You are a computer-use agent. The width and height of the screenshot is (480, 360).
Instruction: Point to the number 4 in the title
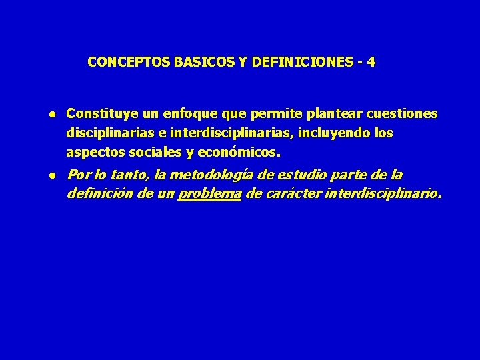coord(371,62)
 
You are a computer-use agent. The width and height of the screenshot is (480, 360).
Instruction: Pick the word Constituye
coord(98,114)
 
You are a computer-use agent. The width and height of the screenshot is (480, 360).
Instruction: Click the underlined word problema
coord(209,195)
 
